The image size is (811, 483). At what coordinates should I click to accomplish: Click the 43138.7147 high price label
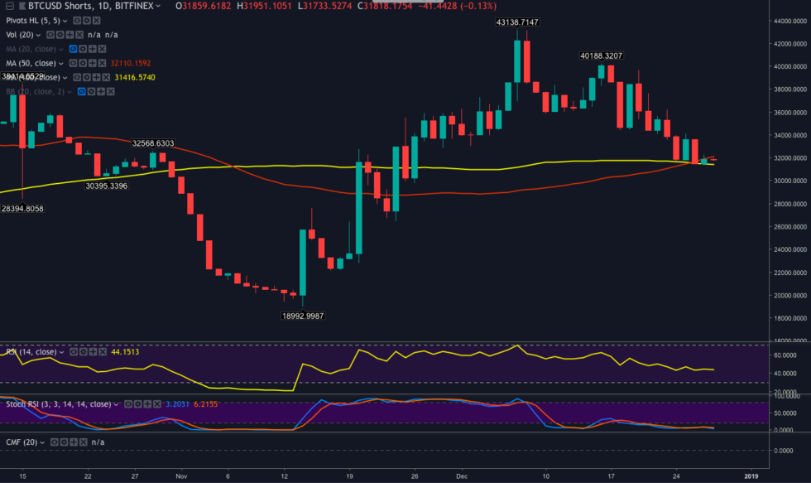(517, 22)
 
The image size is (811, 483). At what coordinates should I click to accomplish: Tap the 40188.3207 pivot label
(600, 56)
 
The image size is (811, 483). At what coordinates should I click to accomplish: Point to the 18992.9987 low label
(302, 316)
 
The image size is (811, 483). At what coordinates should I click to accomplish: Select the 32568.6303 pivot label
(153, 143)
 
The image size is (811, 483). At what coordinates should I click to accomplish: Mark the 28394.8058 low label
(22, 209)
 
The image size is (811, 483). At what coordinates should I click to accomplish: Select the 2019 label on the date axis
(751, 477)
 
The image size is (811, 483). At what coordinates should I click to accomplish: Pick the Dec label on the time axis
(463, 477)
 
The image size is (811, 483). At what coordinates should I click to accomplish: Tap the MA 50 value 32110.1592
(132, 63)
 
